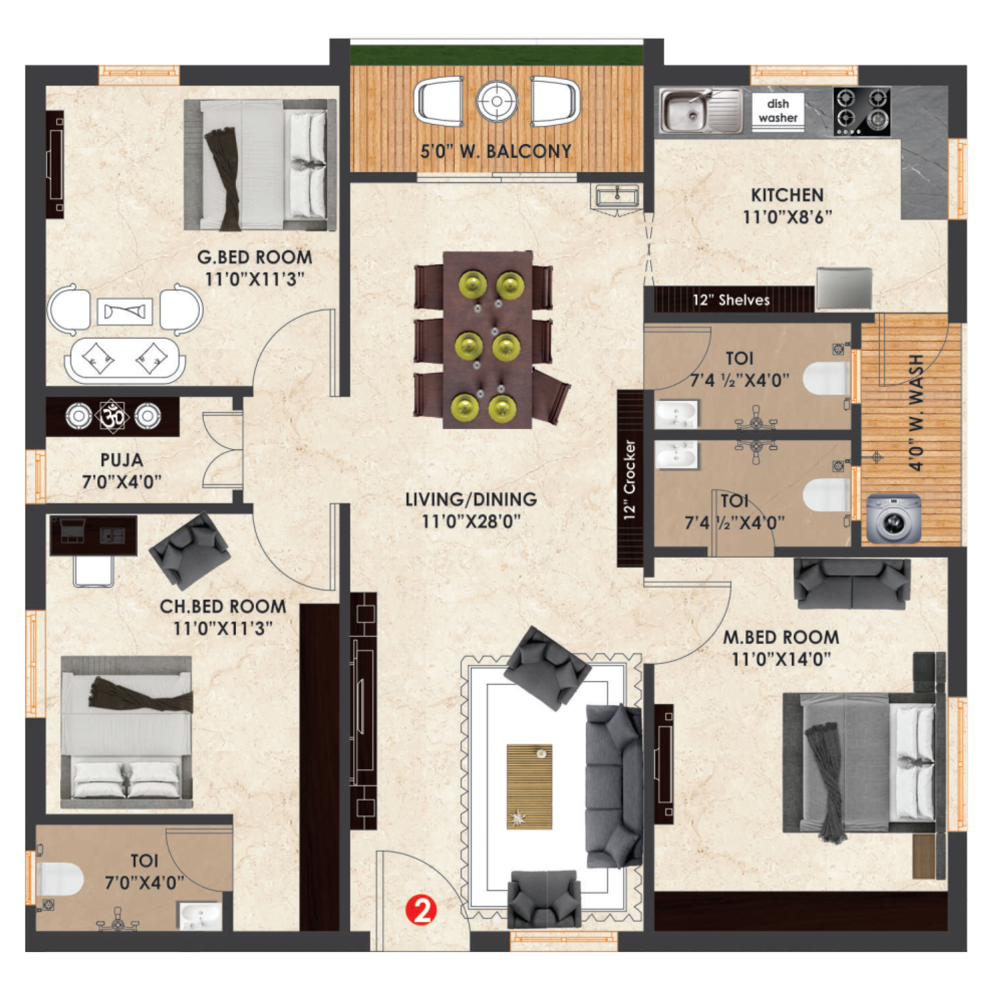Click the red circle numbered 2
click(421, 911)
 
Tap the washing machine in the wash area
click(893, 519)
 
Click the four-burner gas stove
click(862, 111)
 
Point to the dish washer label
click(778, 111)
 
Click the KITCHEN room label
click(787, 195)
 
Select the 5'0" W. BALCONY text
click(496, 151)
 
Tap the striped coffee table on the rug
click(529, 786)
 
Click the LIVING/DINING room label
click(471, 499)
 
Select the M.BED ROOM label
click(781, 637)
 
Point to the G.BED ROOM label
click(255, 257)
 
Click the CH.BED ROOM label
click(223, 606)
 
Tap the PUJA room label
click(122, 459)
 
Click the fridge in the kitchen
click(844, 289)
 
